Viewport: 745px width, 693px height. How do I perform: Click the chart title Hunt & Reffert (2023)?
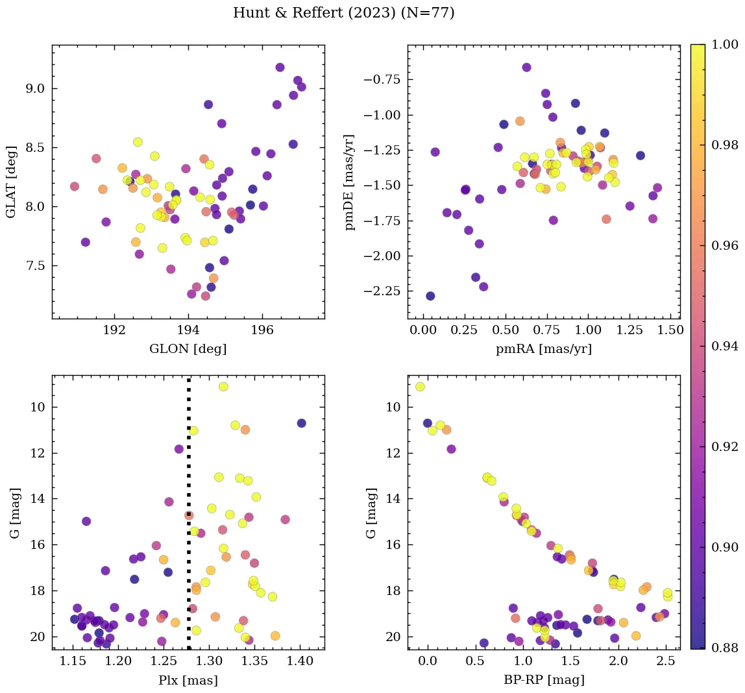343,13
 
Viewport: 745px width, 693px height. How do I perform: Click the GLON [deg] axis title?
188,348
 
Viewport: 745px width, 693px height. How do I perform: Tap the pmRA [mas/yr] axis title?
544,348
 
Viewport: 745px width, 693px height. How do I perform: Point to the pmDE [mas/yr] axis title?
350,182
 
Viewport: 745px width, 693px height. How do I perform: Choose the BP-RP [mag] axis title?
544,680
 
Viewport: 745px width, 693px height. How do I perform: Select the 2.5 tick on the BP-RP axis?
665,663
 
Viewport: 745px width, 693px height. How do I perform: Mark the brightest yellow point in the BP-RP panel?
420,387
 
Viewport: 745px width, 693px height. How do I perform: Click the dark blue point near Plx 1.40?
301,423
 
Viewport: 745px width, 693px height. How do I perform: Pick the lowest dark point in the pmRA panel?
430,296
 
